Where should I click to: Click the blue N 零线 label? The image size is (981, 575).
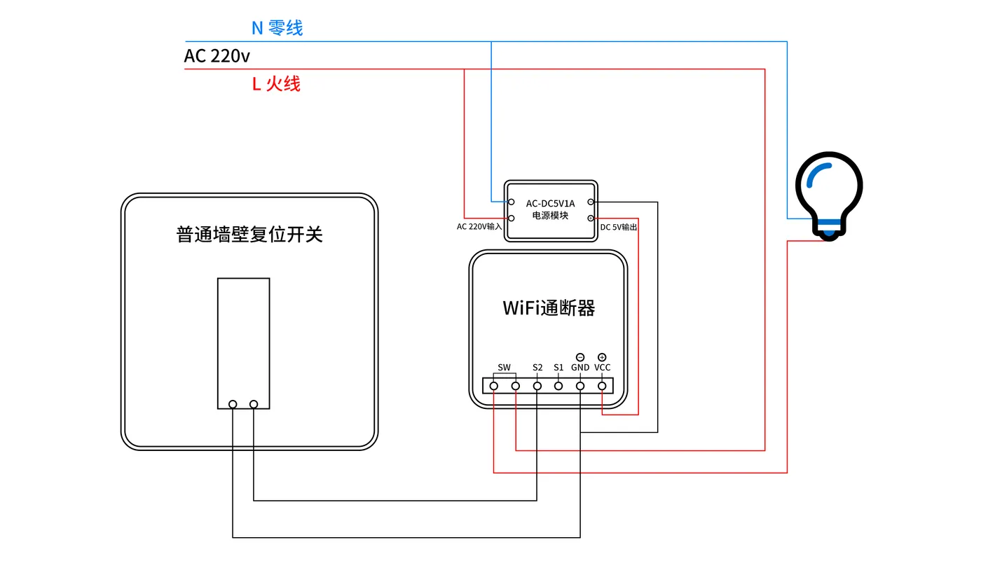[x=277, y=28]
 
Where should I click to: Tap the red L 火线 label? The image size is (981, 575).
[x=276, y=83]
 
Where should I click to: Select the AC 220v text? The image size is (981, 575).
[x=217, y=56]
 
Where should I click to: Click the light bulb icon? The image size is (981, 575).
[x=829, y=195]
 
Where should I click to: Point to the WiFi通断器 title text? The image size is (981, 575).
[x=549, y=308]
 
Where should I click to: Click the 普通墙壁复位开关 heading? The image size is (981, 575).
[x=249, y=234]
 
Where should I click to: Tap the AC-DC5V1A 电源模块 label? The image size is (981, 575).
[x=551, y=209]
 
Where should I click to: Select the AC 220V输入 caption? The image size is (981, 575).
[x=479, y=227]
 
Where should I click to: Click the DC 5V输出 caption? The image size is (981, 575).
[x=618, y=227]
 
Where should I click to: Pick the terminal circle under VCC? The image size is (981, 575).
[x=602, y=386]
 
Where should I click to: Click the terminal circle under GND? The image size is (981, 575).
[x=580, y=386]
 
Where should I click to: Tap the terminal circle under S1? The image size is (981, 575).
[x=558, y=386]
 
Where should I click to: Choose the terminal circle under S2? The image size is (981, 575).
[x=537, y=386]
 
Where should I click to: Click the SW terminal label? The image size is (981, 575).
[x=504, y=367]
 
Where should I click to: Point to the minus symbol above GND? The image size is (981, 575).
[x=580, y=357]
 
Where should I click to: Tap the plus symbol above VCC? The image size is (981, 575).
[x=602, y=357]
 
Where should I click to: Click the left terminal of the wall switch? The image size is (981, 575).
[x=233, y=404]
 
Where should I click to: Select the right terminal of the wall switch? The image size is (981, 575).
[x=254, y=404]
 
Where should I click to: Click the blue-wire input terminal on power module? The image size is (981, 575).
[x=511, y=202]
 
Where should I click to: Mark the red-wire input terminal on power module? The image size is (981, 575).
[x=511, y=218]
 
